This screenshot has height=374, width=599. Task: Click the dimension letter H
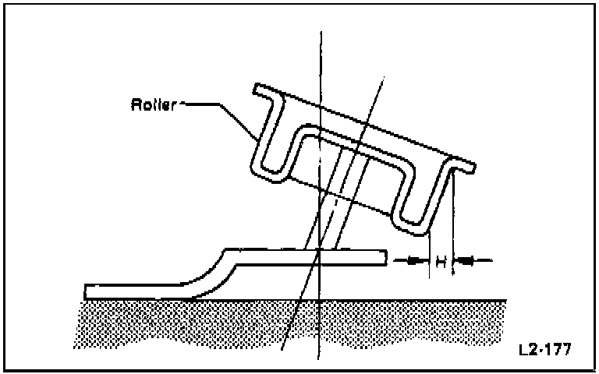tap(441, 262)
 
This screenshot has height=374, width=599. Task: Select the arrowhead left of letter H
tap(413, 261)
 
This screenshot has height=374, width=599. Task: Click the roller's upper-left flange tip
tap(259, 90)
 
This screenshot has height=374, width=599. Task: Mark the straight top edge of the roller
tap(367, 125)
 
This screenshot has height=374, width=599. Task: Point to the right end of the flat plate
tap(385, 256)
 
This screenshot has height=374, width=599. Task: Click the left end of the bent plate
tap(88, 291)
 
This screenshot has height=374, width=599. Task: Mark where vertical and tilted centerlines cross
tap(320, 251)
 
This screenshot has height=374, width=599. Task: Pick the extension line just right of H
tap(453, 226)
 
